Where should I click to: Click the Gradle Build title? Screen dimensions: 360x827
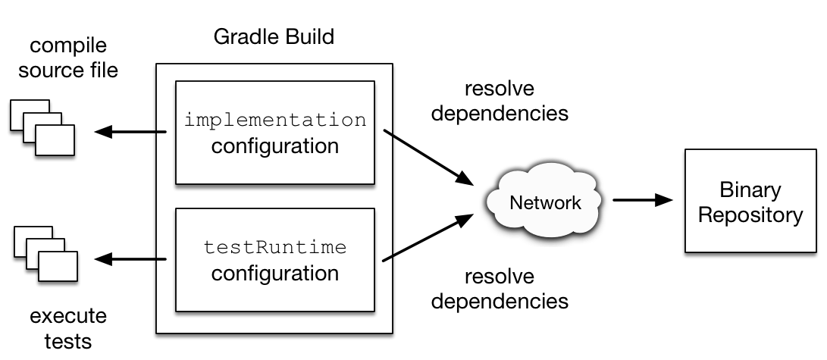[x=274, y=37]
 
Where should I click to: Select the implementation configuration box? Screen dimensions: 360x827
[x=274, y=133]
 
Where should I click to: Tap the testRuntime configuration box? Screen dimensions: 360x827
[x=274, y=260]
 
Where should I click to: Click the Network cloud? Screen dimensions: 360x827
[x=545, y=202]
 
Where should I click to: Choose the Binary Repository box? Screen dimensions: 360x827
[x=750, y=202]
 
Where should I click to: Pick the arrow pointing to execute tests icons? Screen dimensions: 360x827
[x=130, y=260]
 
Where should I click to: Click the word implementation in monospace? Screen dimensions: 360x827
[x=274, y=121]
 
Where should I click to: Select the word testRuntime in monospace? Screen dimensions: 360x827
[x=274, y=248]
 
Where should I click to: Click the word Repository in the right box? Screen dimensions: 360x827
[x=750, y=214]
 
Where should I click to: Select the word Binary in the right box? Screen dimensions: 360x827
[x=750, y=189]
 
